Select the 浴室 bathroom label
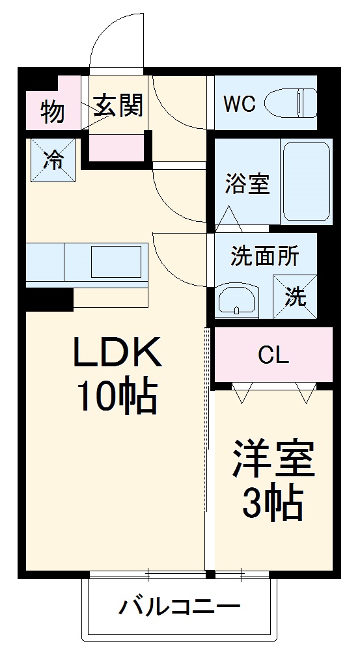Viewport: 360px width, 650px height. (x=247, y=184)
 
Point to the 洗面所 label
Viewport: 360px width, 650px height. (x=264, y=256)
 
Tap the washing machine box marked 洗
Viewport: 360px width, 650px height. (x=295, y=296)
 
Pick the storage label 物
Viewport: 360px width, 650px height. (x=53, y=112)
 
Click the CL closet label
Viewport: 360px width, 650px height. (x=273, y=355)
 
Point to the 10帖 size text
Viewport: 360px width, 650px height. (x=118, y=396)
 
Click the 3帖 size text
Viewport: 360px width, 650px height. (x=273, y=502)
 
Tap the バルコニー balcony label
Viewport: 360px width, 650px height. (x=179, y=608)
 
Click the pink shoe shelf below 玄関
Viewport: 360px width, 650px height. (x=117, y=148)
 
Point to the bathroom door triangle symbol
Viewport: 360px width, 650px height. (x=229, y=219)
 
